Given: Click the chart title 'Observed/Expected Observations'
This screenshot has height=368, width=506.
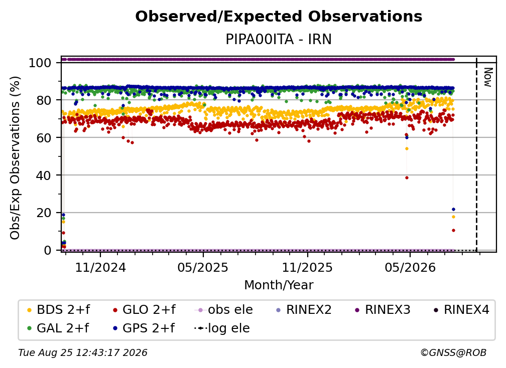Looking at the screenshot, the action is pos(279,17).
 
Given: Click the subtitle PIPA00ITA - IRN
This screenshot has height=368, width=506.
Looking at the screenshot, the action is pos(279,40).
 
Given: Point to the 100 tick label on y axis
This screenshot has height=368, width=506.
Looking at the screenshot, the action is pos(40,63).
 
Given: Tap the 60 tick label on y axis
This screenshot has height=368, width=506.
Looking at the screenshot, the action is pos(44,138).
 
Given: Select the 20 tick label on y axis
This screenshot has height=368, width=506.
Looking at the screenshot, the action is pos(44,213).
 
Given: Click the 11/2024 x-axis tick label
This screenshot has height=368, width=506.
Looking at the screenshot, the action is pos(100,267).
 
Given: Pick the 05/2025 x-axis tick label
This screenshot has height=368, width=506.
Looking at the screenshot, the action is pos(203,267).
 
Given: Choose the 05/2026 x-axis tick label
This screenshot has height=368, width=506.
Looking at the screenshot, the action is pos(410,267).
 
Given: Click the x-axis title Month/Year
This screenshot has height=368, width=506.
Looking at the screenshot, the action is pos(279,285).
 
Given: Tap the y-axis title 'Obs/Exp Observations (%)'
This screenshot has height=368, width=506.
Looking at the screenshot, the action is pos(15,158).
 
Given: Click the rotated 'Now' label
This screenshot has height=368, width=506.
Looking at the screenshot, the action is pos(488,77).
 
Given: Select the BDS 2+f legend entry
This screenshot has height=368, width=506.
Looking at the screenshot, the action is pos(59,310).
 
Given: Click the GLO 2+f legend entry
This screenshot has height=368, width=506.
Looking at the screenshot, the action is pos(144,310).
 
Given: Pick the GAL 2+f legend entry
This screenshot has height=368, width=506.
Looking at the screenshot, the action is pos(58,328).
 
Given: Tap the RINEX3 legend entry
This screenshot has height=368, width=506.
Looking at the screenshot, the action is pos(383,310).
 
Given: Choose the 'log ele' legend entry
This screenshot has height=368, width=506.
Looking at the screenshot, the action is pos(222,328).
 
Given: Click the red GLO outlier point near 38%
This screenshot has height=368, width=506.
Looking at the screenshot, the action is pos(407,177).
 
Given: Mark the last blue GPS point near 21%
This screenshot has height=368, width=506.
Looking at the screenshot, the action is pos(453,210).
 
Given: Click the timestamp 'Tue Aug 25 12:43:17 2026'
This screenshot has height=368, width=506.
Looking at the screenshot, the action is pos(83,353).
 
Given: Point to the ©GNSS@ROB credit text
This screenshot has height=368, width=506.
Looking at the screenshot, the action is pos(453,353).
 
